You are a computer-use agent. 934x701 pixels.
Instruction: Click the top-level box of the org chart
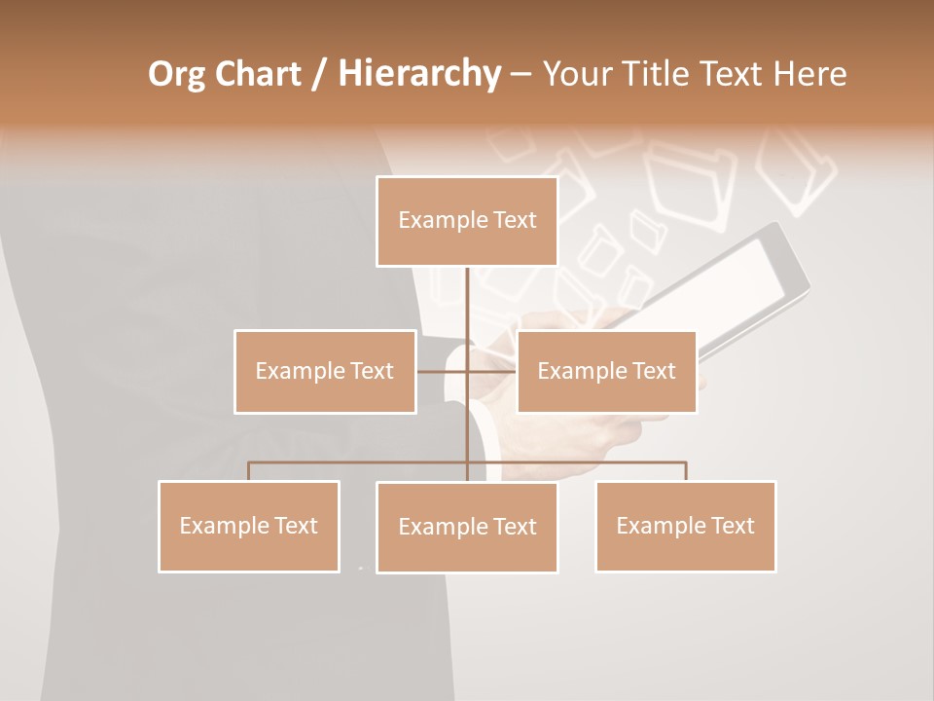pos(467,221)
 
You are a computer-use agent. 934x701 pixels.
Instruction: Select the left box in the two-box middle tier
pos(325,371)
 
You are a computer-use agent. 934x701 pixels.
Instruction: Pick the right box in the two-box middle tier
pos(606,371)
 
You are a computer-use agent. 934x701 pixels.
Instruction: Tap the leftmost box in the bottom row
pos(249,526)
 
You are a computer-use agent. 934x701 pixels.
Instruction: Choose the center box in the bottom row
pos(467,527)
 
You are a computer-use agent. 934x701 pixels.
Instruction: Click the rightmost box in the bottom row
pos(685,526)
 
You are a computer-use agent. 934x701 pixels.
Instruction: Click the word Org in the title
pos(177,74)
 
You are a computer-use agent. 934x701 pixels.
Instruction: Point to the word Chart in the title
pos(257,74)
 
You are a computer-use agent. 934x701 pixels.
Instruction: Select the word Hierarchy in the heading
pos(418,74)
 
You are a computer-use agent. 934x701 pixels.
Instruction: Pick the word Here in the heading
pos(809,74)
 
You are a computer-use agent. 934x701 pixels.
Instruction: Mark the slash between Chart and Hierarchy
pos(320,74)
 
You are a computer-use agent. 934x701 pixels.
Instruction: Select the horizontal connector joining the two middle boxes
pos(467,371)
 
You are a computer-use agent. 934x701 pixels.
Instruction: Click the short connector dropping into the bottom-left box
pos(249,471)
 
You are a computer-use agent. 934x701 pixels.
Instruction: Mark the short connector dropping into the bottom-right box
pos(686,471)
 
